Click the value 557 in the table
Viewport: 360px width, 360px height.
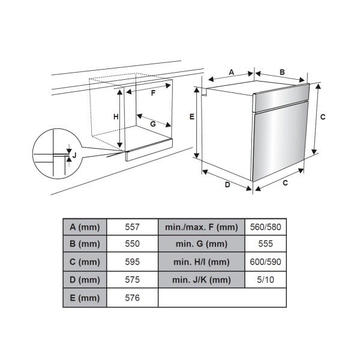point(132,227)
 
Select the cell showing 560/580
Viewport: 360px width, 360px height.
point(266,227)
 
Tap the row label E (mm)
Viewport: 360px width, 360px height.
point(85,298)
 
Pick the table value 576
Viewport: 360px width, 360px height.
point(132,298)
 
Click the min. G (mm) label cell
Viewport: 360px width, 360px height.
point(202,244)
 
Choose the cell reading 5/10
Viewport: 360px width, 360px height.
point(266,280)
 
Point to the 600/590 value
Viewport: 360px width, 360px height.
point(266,262)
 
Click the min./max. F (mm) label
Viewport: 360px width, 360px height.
point(202,227)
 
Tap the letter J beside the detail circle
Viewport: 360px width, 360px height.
point(74,155)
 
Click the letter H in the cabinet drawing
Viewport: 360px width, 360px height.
point(116,117)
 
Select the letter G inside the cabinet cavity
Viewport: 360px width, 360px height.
point(153,124)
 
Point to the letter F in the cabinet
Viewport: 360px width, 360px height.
point(153,93)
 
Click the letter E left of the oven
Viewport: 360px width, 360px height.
point(192,116)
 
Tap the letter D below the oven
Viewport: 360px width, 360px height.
point(227,185)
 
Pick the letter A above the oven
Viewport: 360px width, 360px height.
point(232,72)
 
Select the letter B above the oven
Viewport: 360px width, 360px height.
point(282,72)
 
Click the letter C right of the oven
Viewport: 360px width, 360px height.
point(323,117)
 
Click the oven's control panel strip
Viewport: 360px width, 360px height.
point(281,98)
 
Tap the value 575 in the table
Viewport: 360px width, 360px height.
point(132,280)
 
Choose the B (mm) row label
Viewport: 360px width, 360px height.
point(85,244)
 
